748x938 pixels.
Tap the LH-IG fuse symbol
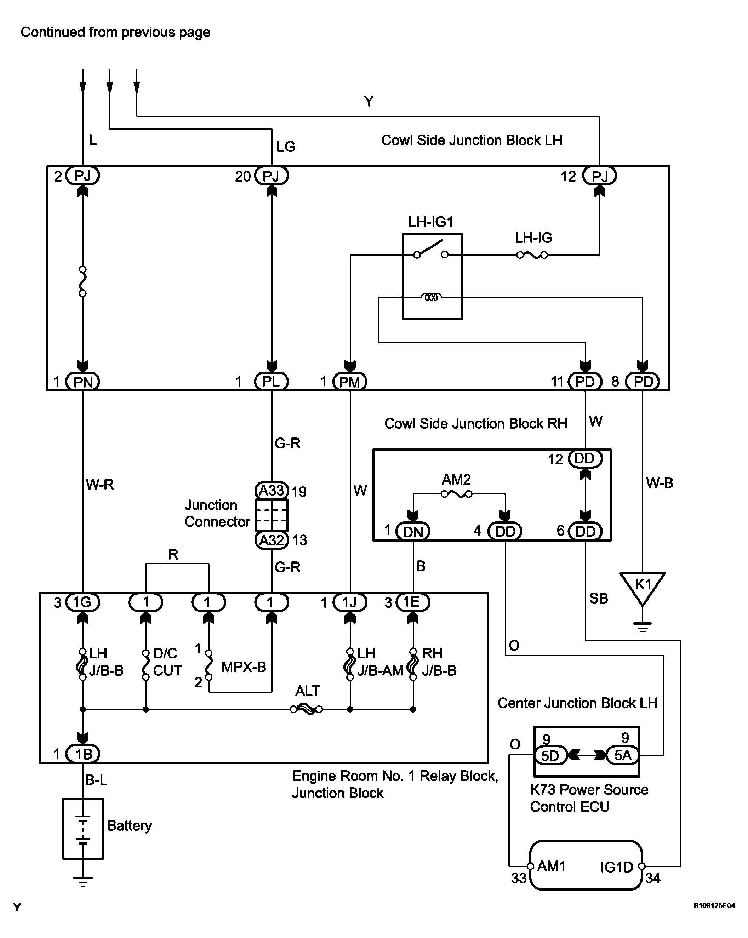(532, 255)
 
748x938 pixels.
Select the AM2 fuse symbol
(456, 494)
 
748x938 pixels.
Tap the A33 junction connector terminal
(272, 491)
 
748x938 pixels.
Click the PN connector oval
(83, 382)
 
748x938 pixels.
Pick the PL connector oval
(272, 382)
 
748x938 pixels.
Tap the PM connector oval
(350, 382)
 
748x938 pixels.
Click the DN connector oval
(413, 531)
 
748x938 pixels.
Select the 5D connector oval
(550, 755)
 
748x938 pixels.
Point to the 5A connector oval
(623, 755)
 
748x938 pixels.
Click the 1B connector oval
(83, 754)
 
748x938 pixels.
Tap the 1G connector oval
(83, 602)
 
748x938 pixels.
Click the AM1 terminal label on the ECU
(551, 866)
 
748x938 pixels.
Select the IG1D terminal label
(617, 867)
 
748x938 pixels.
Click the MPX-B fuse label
(244, 667)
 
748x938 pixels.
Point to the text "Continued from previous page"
(115, 32)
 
